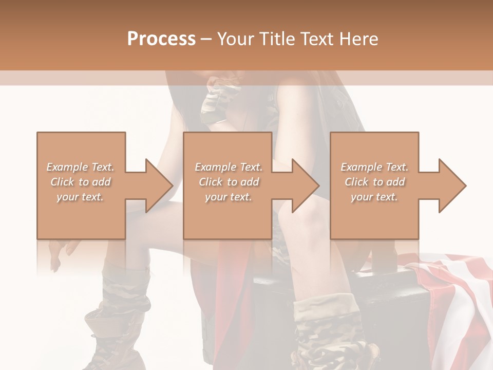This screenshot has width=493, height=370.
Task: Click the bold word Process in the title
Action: click(x=161, y=39)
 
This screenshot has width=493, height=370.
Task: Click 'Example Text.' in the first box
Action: click(x=81, y=167)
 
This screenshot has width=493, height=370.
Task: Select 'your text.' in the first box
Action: click(x=81, y=197)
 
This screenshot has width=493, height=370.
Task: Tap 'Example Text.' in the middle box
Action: click(x=229, y=167)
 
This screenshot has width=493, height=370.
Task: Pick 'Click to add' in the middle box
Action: click(x=229, y=182)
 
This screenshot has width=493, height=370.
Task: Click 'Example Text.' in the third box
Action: click(x=374, y=167)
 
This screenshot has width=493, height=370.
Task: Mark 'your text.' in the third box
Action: click(x=374, y=197)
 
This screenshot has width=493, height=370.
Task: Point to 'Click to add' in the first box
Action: click(x=81, y=182)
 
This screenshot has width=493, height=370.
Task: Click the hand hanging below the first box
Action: click(x=59, y=254)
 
